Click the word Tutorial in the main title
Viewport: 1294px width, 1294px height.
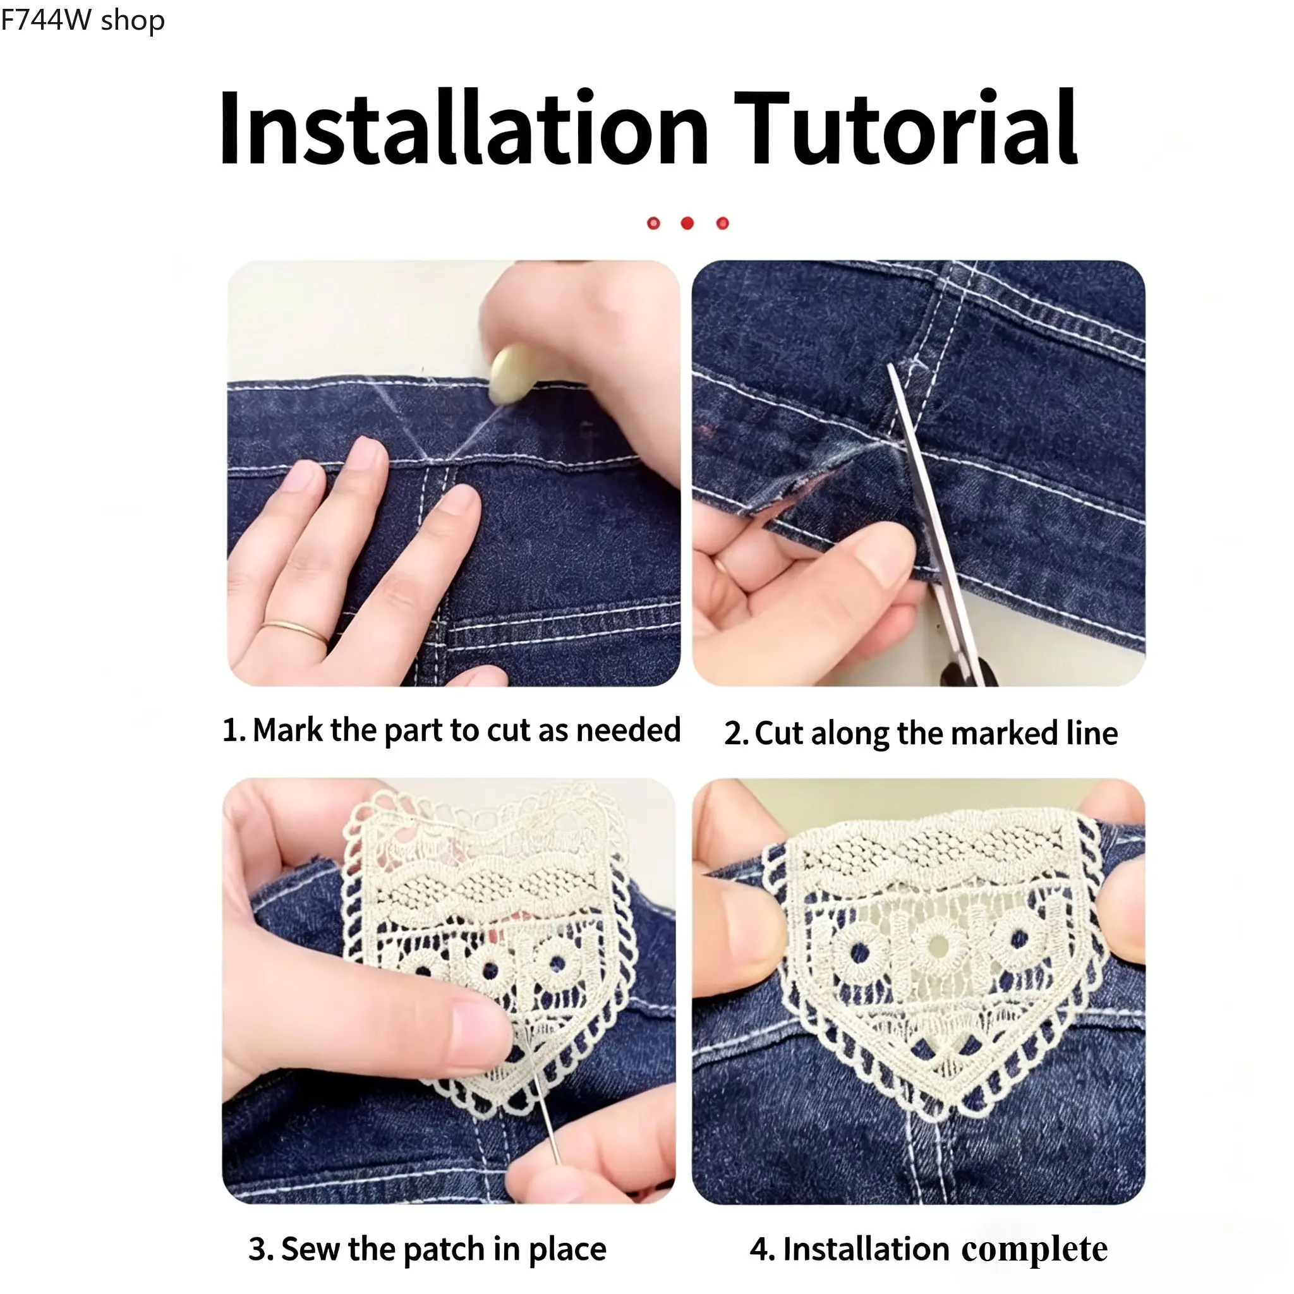point(906,126)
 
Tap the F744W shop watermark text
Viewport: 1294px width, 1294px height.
point(82,20)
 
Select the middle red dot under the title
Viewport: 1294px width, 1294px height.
point(687,223)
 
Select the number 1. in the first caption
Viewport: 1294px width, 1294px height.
point(234,730)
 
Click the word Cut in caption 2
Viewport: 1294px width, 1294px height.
point(779,734)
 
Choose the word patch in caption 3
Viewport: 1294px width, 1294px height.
point(444,1250)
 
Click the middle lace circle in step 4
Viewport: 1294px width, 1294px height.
point(938,946)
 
